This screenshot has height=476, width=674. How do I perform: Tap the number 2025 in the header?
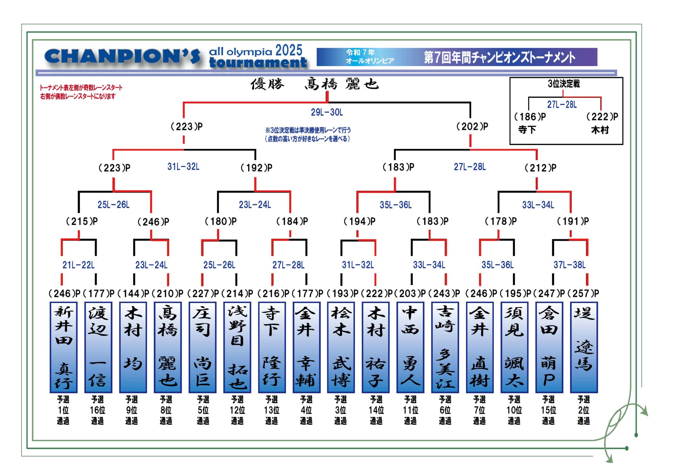click(289, 51)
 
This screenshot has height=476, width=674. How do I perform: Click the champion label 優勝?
click(267, 84)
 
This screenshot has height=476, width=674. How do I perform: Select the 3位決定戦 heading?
click(563, 83)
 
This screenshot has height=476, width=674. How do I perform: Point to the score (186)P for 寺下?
click(530, 116)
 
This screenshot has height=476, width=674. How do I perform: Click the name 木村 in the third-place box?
click(600, 130)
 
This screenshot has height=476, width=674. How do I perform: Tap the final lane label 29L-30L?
click(327, 112)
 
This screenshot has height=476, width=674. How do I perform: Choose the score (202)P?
click(472, 126)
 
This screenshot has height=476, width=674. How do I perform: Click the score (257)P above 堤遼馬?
click(583, 293)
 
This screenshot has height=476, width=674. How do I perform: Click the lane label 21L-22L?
click(78, 265)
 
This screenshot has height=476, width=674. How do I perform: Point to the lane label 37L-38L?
click(569, 265)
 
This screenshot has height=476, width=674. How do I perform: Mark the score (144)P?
click(133, 293)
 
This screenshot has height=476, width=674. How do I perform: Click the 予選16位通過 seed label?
click(98, 410)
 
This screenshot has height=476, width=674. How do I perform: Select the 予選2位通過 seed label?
click(583, 410)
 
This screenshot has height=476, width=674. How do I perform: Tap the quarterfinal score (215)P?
click(82, 221)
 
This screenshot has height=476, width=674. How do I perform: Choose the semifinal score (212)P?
click(540, 168)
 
